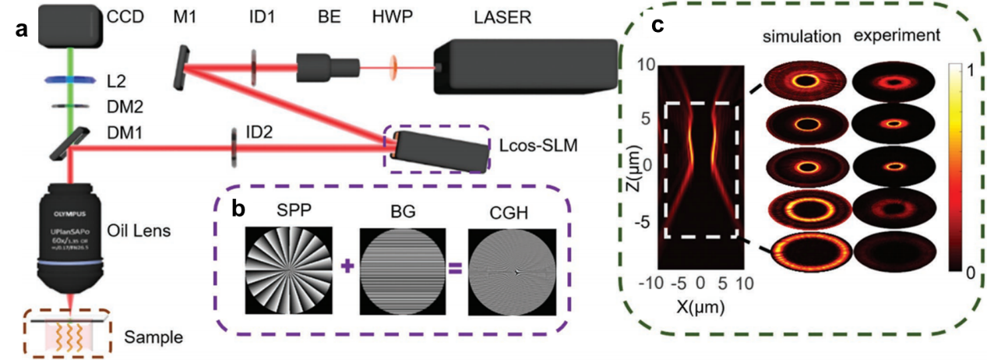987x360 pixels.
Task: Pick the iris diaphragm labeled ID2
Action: coord(234,147)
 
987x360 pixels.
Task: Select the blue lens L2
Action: coord(73,79)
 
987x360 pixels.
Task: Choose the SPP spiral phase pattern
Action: coord(289,270)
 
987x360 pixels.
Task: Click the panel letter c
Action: coord(657,26)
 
